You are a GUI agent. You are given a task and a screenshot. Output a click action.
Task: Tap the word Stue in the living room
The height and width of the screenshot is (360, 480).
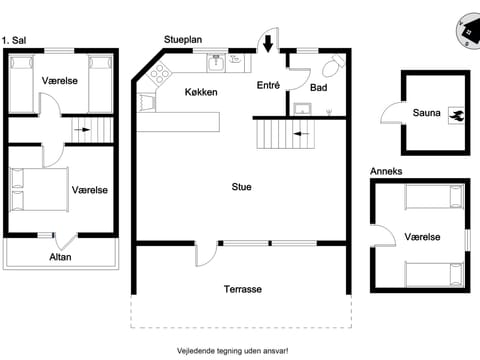click(x=241, y=187)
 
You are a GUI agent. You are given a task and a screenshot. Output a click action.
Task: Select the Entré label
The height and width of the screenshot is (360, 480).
click(x=268, y=86)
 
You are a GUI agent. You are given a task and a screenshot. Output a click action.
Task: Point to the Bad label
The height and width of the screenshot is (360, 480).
click(x=318, y=88)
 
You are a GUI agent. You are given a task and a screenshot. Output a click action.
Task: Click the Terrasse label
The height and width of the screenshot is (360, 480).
click(x=242, y=289)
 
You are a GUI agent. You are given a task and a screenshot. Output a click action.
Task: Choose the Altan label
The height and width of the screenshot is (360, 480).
click(x=60, y=257)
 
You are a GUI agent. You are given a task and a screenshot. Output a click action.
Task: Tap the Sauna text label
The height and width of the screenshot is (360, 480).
click(x=426, y=113)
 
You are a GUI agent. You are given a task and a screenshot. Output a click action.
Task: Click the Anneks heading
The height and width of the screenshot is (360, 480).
click(x=386, y=171)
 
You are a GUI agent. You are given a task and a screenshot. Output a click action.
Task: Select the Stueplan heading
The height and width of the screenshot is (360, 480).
click(x=183, y=39)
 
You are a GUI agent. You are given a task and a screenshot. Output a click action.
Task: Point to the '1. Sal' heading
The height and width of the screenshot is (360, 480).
click(x=15, y=39)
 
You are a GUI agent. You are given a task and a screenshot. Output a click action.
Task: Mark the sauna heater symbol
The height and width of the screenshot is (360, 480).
click(x=456, y=115)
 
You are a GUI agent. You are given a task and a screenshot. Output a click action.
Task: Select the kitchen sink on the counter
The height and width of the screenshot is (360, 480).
click(x=215, y=62)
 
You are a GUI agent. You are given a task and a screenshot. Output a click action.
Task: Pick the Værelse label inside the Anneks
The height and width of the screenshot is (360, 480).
click(x=424, y=237)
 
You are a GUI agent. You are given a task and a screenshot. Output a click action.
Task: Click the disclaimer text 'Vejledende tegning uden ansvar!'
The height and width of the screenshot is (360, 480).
click(x=240, y=349)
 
